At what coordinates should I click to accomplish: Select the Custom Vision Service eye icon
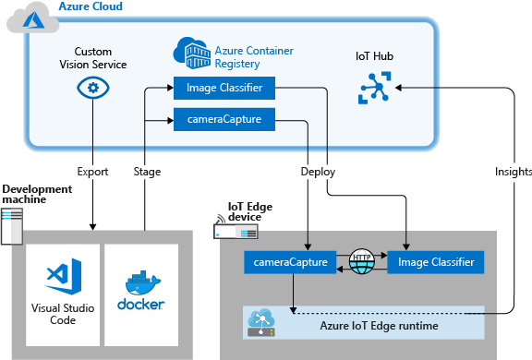coord(92,88)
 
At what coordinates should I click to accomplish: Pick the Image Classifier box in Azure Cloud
coord(223,89)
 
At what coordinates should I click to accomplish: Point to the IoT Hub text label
coord(374,56)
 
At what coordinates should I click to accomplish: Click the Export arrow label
coord(92,172)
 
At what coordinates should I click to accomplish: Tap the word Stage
coord(147,172)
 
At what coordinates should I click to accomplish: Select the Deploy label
coord(317,172)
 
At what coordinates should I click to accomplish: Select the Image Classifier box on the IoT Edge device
coord(435,263)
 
